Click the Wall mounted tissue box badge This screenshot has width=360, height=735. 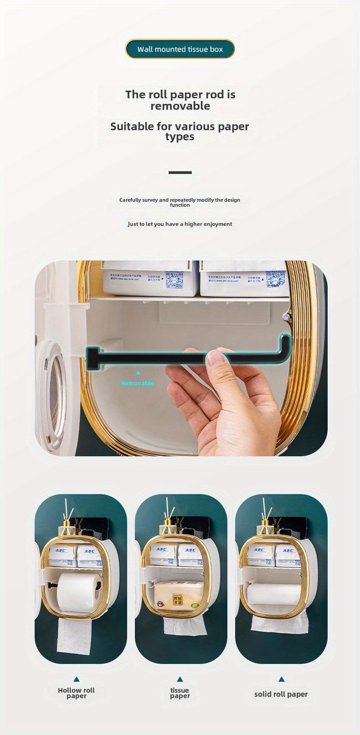(180, 49)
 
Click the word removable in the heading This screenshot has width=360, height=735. (180, 106)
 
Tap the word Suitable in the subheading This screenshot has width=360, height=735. (132, 127)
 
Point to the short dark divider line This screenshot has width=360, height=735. (180, 173)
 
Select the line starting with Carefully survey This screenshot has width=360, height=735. (180, 202)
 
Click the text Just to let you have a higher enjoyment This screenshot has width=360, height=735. (180, 224)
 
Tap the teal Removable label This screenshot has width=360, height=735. (138, 383)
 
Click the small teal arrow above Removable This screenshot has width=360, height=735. (138, 373)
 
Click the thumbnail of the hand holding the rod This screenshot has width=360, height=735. (181, 358)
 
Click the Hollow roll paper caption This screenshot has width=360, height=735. (76, 693)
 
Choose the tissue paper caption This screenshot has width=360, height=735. (180, 693)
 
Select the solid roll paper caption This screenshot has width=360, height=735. (281, 694)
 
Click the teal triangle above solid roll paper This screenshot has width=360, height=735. (281, 679)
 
